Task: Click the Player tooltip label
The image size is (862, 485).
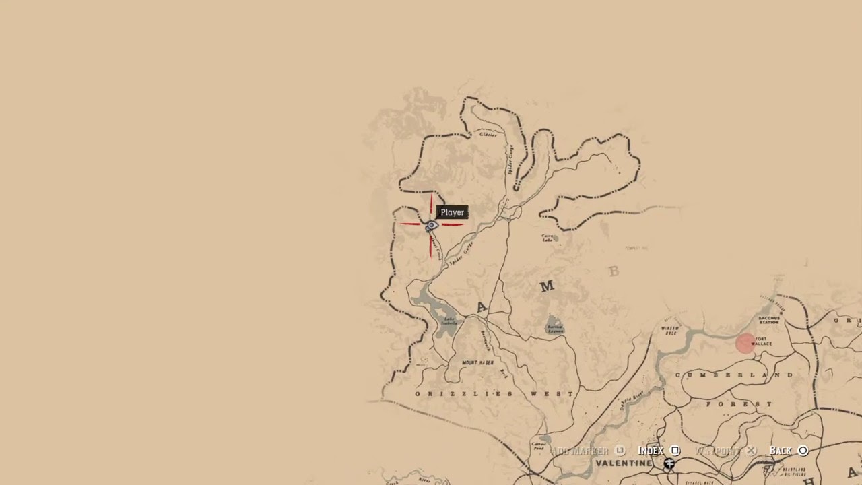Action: (x=452, y=212)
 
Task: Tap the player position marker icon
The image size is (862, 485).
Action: (x=432, y=226)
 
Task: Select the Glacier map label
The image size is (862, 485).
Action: (x=488, y=135)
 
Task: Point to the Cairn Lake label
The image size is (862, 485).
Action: (x=548, y=238)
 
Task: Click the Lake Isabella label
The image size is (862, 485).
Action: (x=449, y=321)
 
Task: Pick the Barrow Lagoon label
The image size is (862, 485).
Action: (x=554, y=329)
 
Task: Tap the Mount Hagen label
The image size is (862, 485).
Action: (x=478, y=363)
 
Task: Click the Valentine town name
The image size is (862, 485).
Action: (x=624, y=463)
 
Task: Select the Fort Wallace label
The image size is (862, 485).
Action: (x=762, y=342)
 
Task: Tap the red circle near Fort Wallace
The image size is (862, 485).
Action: (x=745, y=344)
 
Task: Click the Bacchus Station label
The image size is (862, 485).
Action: (x=768, y=319)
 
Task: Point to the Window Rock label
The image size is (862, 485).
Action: (x=671, y=330)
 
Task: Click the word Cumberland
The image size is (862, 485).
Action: (x=734, y=375)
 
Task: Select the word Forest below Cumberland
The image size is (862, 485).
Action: (x=739, y=404)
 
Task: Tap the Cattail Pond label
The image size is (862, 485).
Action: (x=539, y=445)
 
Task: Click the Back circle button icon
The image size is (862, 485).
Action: (x=803, y=451)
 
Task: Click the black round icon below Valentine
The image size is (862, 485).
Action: (x=669, y=463)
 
